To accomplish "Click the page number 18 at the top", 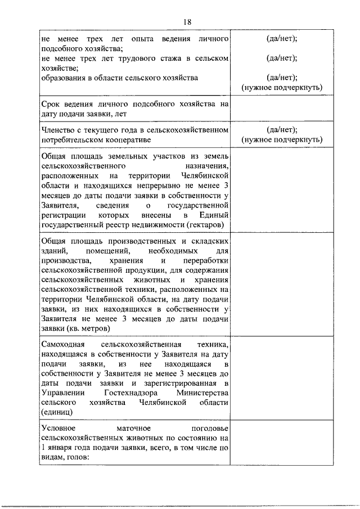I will point(187,21).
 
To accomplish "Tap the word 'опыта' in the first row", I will point(141,38).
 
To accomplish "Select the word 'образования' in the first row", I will point(62,78).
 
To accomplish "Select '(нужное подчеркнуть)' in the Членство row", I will point(282,140).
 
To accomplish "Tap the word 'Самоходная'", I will point(64,344).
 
